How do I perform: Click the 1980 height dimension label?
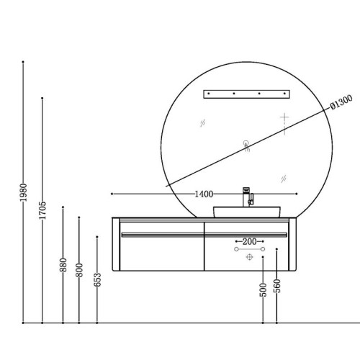[x=23, y=192]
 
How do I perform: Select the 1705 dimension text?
[x=42, y=210]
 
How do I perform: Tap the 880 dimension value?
[x=63, y=265]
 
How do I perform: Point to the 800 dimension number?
[x=79, y=270]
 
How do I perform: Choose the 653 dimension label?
[x=97, y=280]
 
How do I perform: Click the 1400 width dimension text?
[x=204, y=194]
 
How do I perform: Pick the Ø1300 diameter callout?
[x=341, y=102]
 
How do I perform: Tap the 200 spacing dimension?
[x=249, y=241]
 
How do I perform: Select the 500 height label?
[x=264, y=290]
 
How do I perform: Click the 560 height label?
[x=277, y=286]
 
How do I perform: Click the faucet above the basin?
[x=248, y=197]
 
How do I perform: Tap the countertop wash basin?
[x=247, y=212]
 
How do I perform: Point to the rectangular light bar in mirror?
[x=247, y=94]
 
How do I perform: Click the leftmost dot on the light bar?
[x=209, y=94]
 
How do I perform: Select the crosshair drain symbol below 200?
[x=250, y=257]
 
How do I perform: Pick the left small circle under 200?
[x=236, y=249]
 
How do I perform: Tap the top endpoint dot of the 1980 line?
[x=23, y=62]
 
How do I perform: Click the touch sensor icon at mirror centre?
[x=246, y=146]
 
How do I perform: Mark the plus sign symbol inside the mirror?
[x=284, y=117]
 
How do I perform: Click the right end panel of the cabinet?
[x=292, y=244]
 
